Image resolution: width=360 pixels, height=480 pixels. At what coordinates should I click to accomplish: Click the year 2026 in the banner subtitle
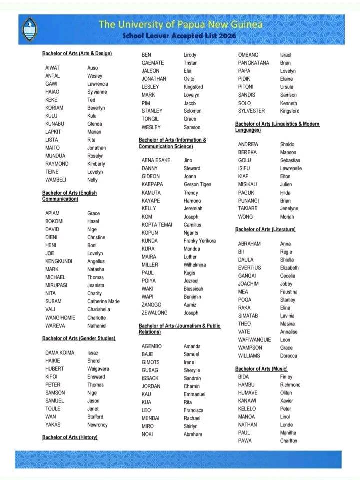(x=227, y=36)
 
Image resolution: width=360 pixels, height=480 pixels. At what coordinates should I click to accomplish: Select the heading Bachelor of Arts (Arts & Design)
(x=77, y=53)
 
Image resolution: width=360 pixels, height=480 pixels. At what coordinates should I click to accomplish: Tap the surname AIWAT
(x=52, y=68)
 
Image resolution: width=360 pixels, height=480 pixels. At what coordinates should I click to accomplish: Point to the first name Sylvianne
(x=97, y=92)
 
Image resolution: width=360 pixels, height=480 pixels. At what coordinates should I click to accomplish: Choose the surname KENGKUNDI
(x=58, y=261)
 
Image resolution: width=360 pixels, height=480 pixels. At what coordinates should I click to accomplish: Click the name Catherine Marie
(x=103, y=301)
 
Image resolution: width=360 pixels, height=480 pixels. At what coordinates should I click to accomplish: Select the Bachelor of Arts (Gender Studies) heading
(x=79, y=338)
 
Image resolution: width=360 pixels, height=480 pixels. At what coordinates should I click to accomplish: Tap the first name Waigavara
(x=98, y=369)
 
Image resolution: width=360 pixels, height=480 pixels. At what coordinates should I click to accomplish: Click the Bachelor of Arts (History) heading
(x=70, y=437)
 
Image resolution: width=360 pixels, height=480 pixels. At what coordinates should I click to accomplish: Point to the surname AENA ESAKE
(x=156, y=160)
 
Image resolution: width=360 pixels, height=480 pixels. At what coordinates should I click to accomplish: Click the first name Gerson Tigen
(x=197, y=185)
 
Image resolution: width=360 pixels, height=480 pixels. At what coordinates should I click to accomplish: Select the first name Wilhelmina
(x=194, y=265)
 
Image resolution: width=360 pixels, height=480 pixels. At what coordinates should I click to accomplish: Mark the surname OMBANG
(x=248, y=55)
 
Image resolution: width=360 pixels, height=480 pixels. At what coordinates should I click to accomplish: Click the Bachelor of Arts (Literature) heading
(x=265, y=229)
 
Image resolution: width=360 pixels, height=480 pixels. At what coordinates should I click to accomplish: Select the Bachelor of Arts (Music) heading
(x=261, y=369)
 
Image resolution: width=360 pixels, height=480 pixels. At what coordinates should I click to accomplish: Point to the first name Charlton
(x=288, y=441)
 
